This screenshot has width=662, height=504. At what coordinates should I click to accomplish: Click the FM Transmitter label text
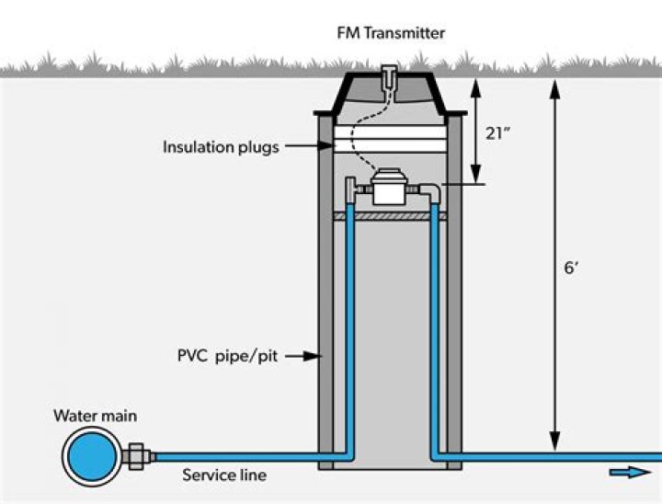point(390,33)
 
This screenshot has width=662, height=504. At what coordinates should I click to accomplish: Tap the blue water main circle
point(89,456)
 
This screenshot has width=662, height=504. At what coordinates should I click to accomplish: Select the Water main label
point(95,417)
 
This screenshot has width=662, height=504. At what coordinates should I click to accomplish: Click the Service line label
point(224,475)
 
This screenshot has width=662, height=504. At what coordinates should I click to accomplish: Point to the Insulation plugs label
point(221,147)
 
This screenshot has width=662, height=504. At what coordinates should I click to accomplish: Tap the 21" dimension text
point(498,133)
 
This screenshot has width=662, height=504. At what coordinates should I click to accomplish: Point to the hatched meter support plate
point(390,216)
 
